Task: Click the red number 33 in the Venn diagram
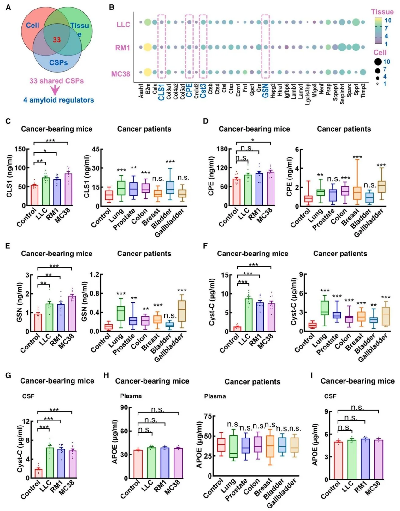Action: [57, 40]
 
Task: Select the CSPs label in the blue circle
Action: [58, 62]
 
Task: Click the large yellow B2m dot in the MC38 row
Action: [147, 72]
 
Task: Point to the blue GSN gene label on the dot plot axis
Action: [265, 91]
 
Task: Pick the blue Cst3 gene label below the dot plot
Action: [203, 91]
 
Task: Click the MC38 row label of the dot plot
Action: [121, 74]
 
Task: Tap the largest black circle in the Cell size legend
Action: [378, 62]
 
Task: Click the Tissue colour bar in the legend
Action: [378, 31]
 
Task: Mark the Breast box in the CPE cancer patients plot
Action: [357, 193]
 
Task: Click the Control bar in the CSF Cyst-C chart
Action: [38, 473]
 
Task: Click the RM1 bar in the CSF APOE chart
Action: [365, 459]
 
